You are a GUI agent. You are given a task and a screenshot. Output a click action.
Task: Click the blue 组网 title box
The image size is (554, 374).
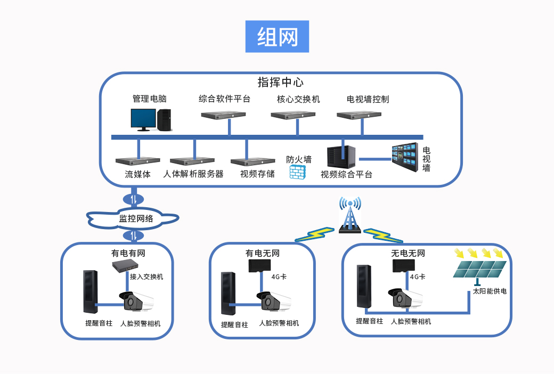tap(277, 37)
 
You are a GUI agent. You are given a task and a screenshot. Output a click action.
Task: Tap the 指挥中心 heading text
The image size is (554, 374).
tap(280, 83)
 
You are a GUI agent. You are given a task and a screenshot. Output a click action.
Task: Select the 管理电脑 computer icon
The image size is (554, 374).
tap(151, 119)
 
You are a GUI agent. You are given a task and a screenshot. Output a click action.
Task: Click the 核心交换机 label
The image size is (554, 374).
tap(298, 99)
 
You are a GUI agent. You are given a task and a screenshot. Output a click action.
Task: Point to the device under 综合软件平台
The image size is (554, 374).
tap(223, 115)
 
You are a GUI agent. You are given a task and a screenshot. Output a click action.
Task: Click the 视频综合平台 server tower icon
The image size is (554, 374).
tap(341, 157)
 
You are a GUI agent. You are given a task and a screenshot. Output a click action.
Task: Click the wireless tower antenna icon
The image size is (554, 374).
tap(351, 216)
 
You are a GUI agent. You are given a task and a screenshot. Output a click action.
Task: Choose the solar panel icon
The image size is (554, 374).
tap(479, 269)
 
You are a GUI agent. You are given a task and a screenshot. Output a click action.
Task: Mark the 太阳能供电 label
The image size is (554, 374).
tap(489, 291)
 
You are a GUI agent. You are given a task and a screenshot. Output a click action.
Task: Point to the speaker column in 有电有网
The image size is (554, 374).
tap(90, 291)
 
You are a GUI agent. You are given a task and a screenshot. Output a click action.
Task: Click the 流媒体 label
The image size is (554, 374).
tap(137, 174)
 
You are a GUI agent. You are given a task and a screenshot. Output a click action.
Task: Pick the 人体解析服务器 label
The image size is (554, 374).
tap(193, 174)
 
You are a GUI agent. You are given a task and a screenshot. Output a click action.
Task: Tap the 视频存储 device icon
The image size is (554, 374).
tap(252, 161)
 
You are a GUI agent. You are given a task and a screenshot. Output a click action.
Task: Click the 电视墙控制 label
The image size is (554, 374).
tap(368, 99)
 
